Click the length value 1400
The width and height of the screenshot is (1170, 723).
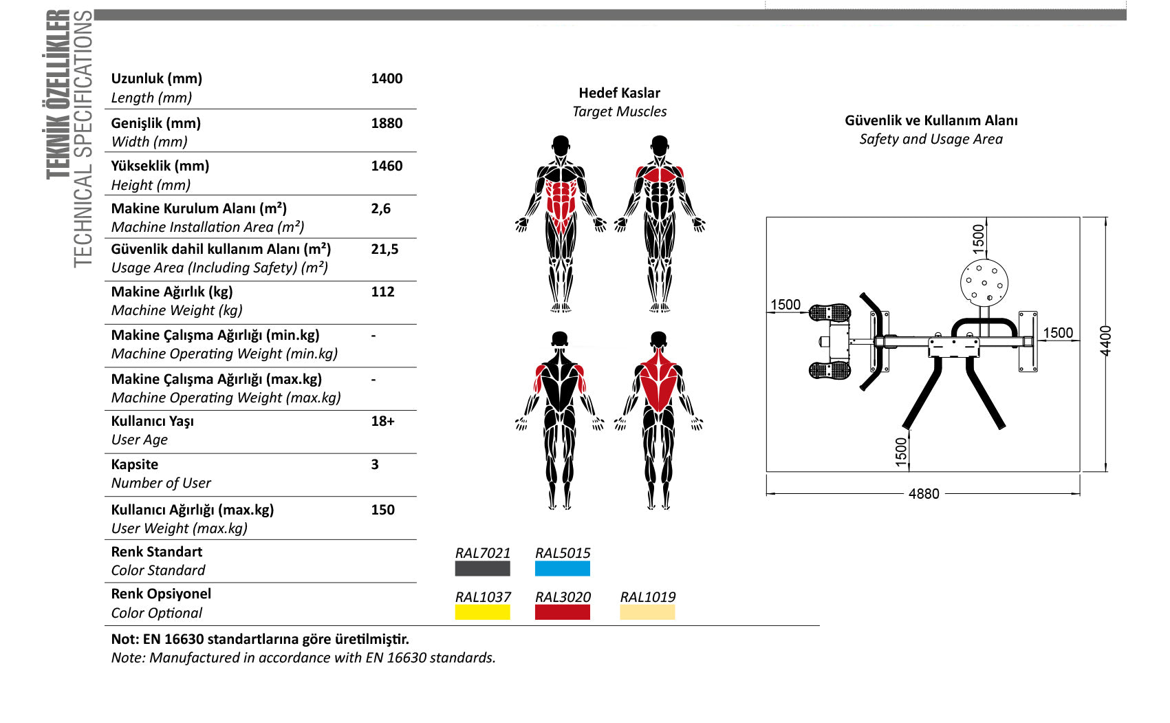(x=387, y=79)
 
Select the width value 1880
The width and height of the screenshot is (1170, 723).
(x=387, y=123)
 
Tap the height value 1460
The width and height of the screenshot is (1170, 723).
(x=387, y=166)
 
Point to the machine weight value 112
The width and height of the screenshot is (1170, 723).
(x=382, y=292)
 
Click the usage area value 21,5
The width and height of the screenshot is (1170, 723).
(x=384, y=249)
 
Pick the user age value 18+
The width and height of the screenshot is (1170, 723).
(x=382, y=422)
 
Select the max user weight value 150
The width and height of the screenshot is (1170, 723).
(x=382, y=510)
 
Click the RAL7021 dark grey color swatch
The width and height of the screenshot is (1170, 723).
(x=482, y=568)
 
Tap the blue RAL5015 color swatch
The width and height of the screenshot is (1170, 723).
(x=562, y=568)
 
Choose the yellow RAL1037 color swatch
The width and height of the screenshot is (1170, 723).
(x=482, y=612)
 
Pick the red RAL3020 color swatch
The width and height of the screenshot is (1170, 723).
(x=562, y=612)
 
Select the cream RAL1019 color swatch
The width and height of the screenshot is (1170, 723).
(x=647, y=612)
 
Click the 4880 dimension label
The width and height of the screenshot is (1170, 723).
(x=924, y=494)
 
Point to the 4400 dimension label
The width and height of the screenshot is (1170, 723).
(x=1106, y=341)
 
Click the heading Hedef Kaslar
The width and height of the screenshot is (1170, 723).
(x=619, y=93)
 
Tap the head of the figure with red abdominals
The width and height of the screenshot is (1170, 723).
(x=561, y=145)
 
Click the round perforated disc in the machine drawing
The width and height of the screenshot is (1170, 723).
(x=984, y=283)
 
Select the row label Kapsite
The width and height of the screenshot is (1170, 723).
(x=134, y=464)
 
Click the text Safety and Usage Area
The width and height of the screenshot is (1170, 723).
(x=931, y=140)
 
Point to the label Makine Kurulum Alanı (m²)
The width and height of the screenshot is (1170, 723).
(x=199, y=208)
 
